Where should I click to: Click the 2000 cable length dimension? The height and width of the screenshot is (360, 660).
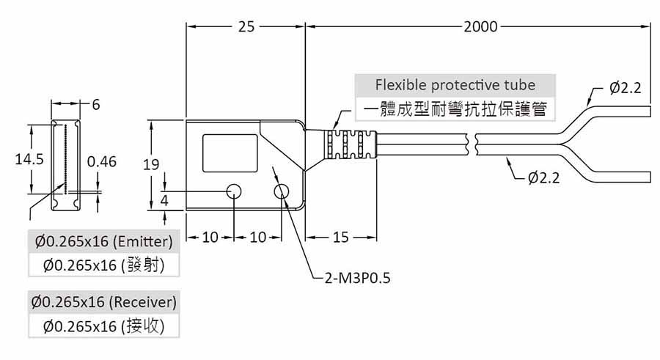click(480, 27)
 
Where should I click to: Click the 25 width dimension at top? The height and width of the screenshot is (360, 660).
click(246, 27)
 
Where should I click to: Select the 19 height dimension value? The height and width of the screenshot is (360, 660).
click(151, 165)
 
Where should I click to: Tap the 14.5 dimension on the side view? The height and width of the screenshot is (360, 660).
click(29, 158)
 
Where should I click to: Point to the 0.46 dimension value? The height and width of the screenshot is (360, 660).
click(101, 162)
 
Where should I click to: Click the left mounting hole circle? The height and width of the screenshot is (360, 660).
click(234, 192)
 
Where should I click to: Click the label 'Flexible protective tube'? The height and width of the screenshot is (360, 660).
click(455, 84)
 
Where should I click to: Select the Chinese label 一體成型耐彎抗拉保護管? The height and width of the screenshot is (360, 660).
click(455, 110)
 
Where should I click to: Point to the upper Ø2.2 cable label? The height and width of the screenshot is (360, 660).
click(625, 88)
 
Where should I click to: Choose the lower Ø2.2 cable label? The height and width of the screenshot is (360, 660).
click(543, 177)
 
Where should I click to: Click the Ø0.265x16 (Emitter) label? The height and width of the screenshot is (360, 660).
click(103, 240)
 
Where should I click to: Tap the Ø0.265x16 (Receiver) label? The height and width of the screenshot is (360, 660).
click(104, 301)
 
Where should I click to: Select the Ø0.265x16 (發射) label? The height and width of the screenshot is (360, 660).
click(103, 265)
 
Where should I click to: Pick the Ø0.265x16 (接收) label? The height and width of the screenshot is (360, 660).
click(103, 326)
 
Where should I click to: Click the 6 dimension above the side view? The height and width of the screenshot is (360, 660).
click(95, 105)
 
